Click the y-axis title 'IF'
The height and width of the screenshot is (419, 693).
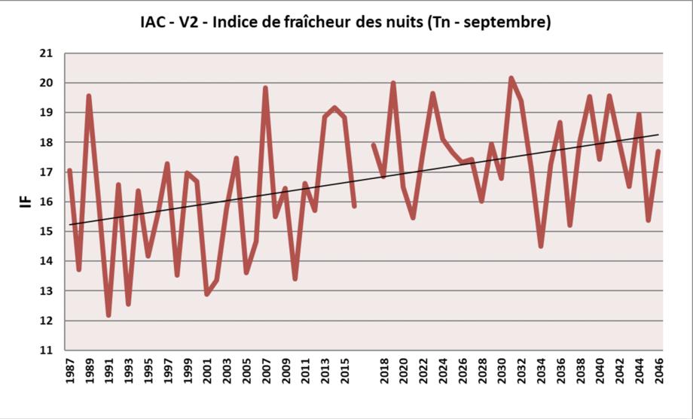pos(26,201)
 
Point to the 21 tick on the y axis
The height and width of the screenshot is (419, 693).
pos(47,53)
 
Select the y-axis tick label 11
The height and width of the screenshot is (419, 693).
pos(47,351)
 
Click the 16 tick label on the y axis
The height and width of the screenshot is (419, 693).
pos(47,202)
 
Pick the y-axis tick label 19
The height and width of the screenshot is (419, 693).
pos(47,113)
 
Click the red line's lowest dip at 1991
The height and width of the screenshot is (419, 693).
pos(108,314)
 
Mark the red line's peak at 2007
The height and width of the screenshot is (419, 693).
pos(266,88)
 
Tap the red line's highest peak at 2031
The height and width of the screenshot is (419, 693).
pos(511,77)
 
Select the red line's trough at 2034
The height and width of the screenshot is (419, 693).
pos(541,246)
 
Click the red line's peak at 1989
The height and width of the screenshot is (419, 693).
pos(89,96)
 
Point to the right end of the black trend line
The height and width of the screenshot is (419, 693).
pos(658,135)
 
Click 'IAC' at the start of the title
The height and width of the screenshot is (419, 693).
pos(154,23)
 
